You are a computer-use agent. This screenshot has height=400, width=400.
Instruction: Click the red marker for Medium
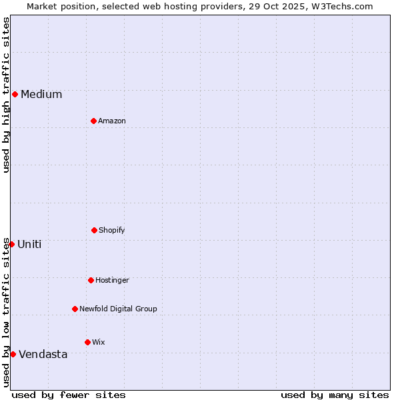pos(15,94)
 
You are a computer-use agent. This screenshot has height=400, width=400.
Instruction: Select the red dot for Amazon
pos(93,121)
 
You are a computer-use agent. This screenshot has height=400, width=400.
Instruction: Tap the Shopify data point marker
pos(94,230)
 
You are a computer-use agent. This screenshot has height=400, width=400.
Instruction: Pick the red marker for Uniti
pos(11,244)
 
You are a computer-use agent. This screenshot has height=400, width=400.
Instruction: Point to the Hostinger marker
pos(91,280)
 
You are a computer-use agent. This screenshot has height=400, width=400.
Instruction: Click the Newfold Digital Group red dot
pos(75,309)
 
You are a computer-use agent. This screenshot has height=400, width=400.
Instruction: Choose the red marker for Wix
pos(87,342)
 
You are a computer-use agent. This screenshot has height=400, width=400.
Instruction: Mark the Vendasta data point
pos(13,354)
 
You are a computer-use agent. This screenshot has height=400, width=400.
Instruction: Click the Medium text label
pos(41,94)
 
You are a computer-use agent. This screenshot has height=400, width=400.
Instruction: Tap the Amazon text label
pos(112,121)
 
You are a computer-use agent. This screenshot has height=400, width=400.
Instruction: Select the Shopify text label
pos(112,230)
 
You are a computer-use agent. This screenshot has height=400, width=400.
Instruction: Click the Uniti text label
pos(29,244)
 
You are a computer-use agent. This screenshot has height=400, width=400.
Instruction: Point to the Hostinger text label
pos(112,280)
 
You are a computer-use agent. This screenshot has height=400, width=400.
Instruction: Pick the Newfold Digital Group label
pos(118,309)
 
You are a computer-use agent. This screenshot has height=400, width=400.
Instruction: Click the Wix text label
pos(99,342)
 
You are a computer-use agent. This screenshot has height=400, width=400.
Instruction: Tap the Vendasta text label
pos(43,354)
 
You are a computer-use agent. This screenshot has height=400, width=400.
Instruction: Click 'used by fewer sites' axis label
pos(69,395)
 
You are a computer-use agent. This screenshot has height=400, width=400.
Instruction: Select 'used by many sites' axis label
pos(335,395)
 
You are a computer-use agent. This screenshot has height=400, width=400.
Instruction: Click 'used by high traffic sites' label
pos(6,95)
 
